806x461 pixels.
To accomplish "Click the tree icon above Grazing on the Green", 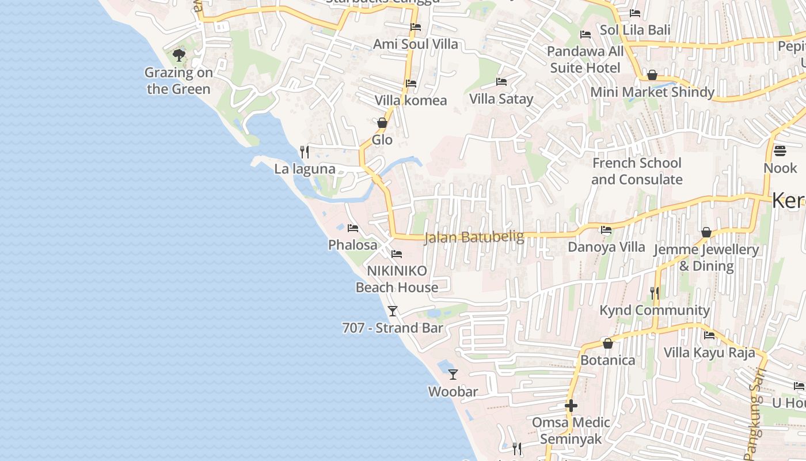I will pyautogui.click(x=179, y=55).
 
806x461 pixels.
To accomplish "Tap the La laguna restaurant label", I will pyautogui.click(x=305, y=169).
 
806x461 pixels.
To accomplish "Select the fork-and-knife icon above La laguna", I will pyautogui.click(x=305, y=152).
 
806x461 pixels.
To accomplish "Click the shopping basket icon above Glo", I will pyautogui.click(x=382, y=123).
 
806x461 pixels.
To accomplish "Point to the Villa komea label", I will pyautogui.click(x=410, y=100).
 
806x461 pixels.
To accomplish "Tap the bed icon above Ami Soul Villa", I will pyautogui.click(x=416, y=27).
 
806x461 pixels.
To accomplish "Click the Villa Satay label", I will pyautogui.click(x=501, y=99).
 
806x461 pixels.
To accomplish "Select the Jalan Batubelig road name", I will pyautogui.click(x=474, y=237).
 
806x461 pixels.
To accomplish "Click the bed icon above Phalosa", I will pyautogui.click(x=353, y=228).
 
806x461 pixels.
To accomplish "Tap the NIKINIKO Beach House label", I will pyautogui.click(x=397, y=279).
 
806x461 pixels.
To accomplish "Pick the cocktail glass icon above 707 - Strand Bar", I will pyautogui.click(x=393, y=311).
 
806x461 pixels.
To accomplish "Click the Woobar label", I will pyautogui.click(x=453, y=392).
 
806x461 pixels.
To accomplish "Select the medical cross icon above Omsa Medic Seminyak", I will pyautogui.click(x=571, y=406).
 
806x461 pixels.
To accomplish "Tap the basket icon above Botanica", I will pyautogui.click(x=607, y=343).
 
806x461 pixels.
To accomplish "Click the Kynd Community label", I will pyautogui.click(x=655, y=310).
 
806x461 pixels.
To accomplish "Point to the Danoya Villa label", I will pyautogui.click(x=606, y=247).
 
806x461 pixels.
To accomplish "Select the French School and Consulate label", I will pyautogui.click(x=636, y=171).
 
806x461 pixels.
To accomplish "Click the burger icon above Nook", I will pyautogui.click(x=780, y=151).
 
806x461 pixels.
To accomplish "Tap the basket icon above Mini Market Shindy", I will pyautogui.click(x=652, y=75).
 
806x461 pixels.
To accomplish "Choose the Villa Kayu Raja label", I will pyautogui.click(x=709, y=352).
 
